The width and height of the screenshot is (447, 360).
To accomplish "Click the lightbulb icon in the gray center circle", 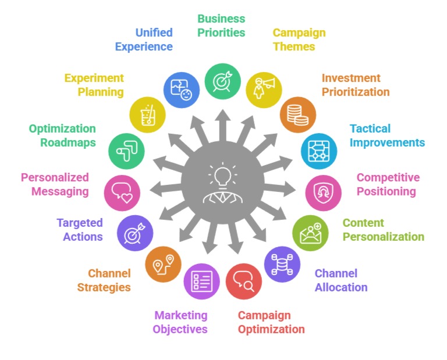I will (222, 175).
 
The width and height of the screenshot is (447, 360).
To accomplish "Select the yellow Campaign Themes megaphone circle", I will (261, 89).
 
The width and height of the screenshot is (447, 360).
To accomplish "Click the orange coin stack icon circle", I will (297, 115).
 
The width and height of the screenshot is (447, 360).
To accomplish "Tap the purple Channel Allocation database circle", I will (282, 264).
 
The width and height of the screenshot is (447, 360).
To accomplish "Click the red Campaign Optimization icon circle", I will (243, 281).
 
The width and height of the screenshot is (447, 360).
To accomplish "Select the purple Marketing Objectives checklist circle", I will (201, 281).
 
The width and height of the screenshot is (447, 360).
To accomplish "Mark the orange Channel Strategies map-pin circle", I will (163, 265).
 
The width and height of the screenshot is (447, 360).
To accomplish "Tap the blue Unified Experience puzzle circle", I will (182, 90).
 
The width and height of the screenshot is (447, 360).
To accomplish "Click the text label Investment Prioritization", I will (355, 85).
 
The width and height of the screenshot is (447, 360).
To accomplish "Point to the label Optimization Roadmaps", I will (62, 136).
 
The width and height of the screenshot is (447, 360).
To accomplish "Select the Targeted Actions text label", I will (80, 230).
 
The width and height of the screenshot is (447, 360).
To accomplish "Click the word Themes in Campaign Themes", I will (294, 47).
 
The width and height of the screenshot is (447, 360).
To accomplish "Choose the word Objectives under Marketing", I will (180, 329).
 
